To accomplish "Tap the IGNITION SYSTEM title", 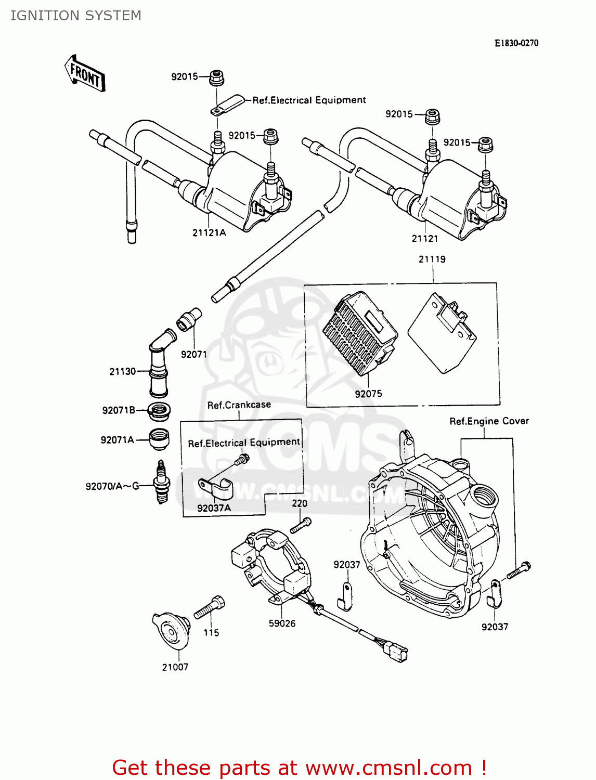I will pyautogui.click(x=76, y=16).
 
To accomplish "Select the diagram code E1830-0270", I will pyautogui.click(x=516, y=43).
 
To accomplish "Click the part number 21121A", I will pyautogui.click(x=209, y=233).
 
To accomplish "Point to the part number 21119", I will pyautogui.click(x=432, y=259).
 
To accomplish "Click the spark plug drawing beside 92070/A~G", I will pyautogui.click(x=162, y=482).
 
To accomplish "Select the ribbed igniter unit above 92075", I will pyautogui.click(x=360, y=333).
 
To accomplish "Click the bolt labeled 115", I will pyautogui.click(x=210, y=607).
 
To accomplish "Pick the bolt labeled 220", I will pyautogui.click(x=301, y=525).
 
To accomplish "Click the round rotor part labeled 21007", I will pyautogui.click(x=172, y=631).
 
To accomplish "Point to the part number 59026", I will pyautogui.click(x=282, y=623).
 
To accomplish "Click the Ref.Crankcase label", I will pyautogui.click(x=239, y=405).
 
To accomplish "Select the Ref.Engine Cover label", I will pyautogui.click(x=489, y=421).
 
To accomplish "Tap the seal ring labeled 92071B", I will pyautogui.click(x=159, y=411).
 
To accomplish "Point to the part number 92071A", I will pyautogui.click(x=118, y=440).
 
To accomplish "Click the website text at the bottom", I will pyautogui.click(x=299, y=768).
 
